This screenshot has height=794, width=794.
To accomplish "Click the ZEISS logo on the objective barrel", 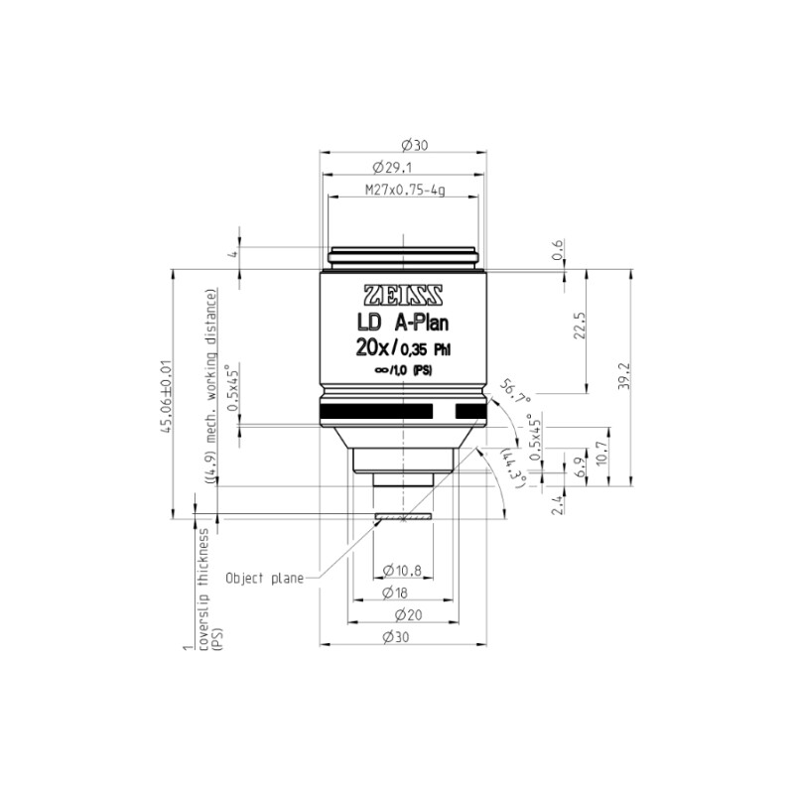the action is point(404,296).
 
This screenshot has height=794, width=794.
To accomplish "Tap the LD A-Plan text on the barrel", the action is point(403,324).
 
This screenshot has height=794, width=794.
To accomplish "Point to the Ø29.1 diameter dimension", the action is point(392,167).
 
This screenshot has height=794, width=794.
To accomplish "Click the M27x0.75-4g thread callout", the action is point(405,191).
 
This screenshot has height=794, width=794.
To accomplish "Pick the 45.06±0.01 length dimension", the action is point(166,396).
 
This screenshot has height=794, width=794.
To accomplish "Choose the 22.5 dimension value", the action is point(581,326).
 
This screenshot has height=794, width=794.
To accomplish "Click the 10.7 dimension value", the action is point(601,454).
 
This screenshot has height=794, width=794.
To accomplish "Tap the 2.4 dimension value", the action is point(557,505).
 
